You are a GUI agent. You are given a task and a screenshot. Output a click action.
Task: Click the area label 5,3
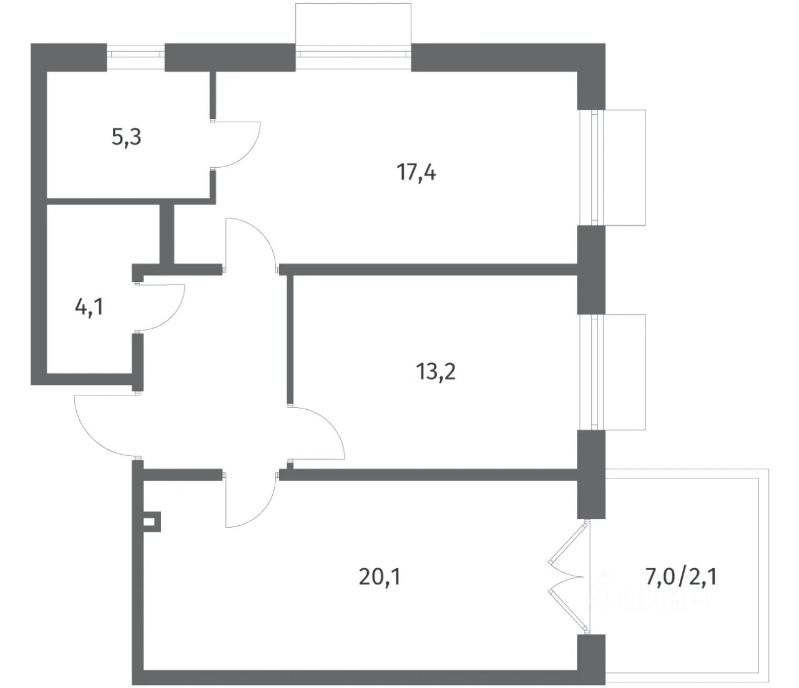tap(126, 137)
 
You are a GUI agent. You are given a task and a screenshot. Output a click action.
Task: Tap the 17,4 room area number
tap(416, 172)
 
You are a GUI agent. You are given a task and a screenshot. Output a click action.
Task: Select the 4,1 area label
tap(89, 307)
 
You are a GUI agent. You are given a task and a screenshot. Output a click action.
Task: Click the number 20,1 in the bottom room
tap(379, 577)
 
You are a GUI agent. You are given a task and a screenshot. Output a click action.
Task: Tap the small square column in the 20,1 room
tap(151, 521)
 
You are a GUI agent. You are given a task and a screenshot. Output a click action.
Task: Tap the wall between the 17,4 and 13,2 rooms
tap(431, 269)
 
